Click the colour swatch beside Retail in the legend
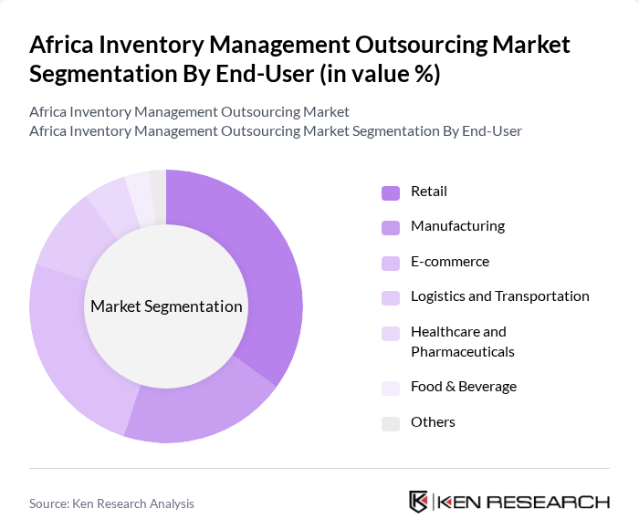390,192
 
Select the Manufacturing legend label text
457,226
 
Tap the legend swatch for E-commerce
390,263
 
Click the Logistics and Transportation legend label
499,296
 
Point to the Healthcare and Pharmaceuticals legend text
463,341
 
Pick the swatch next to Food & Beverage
390,388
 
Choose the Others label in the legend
433,422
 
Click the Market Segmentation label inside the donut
166,306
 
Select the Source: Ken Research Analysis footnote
111,503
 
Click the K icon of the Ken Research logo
418,502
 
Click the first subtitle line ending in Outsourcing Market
189,112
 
